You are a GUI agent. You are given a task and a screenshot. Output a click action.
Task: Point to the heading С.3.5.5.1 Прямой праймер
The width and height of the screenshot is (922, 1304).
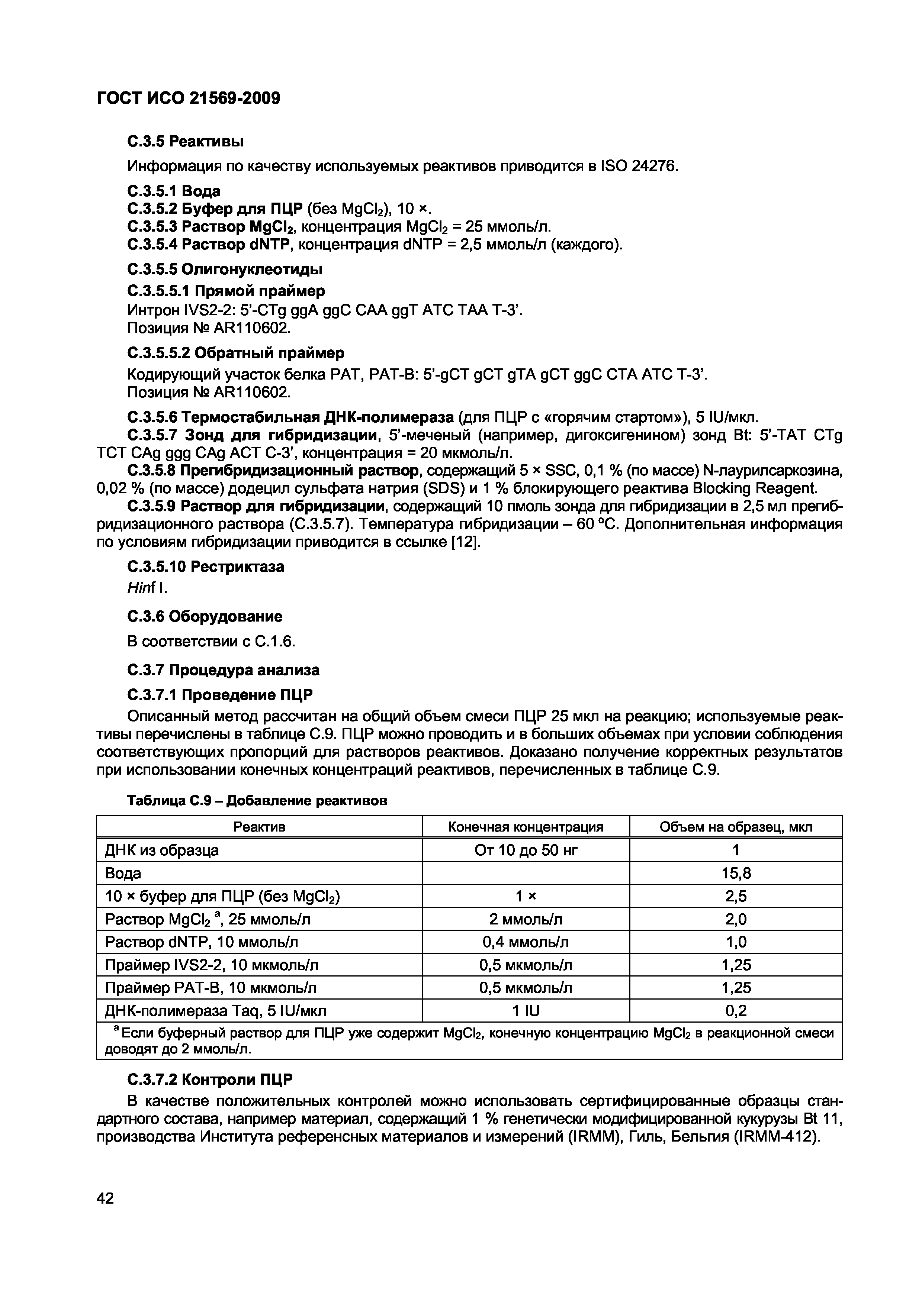point(226,291)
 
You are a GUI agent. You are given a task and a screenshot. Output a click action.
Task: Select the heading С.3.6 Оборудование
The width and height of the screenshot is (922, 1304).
point(205,616)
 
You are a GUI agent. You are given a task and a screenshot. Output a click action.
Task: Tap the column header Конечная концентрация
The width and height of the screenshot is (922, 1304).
point(526,827)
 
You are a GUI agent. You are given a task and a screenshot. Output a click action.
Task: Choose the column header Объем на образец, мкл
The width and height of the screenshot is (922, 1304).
point(736,827)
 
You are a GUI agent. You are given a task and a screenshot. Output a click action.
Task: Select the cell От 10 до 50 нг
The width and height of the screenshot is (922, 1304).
point(526,850)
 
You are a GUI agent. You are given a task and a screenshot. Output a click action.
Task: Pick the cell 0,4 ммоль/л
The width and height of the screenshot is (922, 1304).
point(526,942)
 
